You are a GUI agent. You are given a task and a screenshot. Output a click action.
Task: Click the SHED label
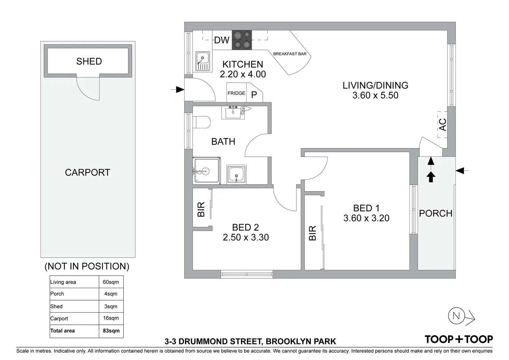[x=89, y=61]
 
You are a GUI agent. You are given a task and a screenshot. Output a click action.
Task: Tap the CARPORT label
[x=87, y=173]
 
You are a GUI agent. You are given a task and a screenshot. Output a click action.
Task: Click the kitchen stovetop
[x=242, y=40]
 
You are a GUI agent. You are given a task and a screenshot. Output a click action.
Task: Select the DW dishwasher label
[x=222, y=40]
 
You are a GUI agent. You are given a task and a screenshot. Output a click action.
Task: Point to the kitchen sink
[x=203, y=61]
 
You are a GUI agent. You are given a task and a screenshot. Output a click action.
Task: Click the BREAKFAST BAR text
[x=290, y=54]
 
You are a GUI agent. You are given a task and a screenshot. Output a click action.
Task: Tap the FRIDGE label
[x=236, y=93]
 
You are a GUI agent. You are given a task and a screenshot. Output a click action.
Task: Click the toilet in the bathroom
[x=201, y=122]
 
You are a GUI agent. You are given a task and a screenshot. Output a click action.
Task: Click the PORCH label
[x=436, y=213]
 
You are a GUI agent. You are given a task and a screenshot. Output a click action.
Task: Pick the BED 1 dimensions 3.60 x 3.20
[x=366, y=218]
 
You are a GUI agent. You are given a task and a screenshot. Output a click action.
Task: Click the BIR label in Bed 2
[x=201, y=209]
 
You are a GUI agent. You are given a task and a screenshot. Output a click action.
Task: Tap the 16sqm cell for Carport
[x=111, y=318]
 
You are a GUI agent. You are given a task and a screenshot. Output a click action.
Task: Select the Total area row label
[x=63, y=331]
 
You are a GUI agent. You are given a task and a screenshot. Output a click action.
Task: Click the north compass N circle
[x=456, y=316]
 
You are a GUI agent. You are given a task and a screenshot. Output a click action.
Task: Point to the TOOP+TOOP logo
[x=459, y=339]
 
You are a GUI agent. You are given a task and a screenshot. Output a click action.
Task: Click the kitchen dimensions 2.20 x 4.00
[x=243, y=74]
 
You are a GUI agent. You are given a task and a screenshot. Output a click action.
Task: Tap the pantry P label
[x=254, y=95]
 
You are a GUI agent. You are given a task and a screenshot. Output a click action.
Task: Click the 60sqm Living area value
[x=111, y=282]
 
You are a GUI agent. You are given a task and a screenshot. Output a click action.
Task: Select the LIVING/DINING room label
[x=376, y=85]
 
